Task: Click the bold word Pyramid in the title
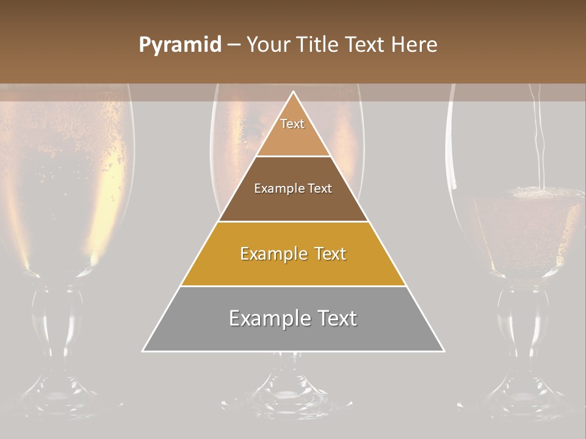click(x=179, y=45)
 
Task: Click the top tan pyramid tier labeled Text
click(x=293, y=131)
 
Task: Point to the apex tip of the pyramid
click(x=294, y=92)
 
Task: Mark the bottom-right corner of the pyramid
click(x=443, y=351)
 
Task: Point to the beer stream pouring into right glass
click(x=537, y=140)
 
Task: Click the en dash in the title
click(x=234, y=45)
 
